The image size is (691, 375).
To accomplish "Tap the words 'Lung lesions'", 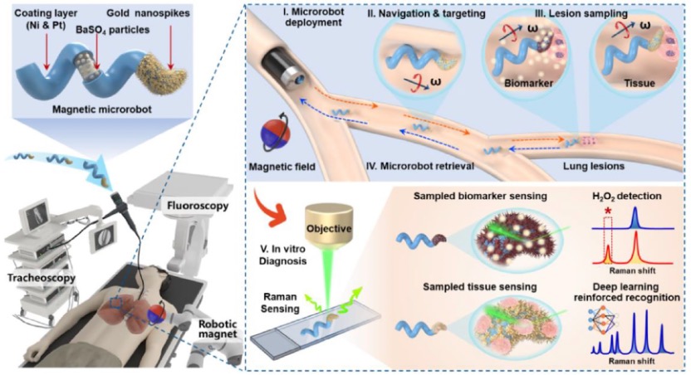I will [589, 167].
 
